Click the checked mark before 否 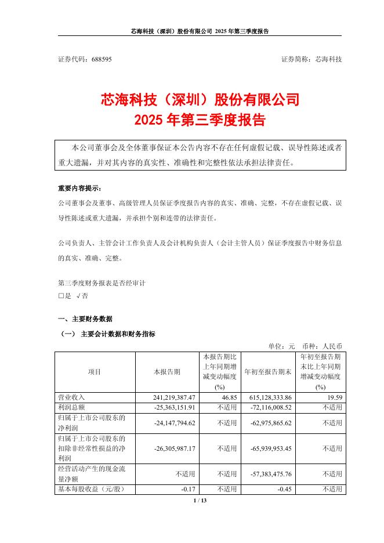pos(77,295)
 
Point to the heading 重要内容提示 pos(79,189)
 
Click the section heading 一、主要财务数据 pos(85,319)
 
